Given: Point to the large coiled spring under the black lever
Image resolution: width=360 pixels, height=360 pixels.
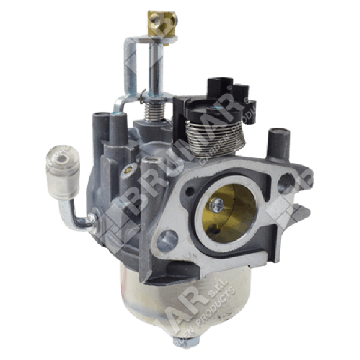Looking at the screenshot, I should coord(212,135).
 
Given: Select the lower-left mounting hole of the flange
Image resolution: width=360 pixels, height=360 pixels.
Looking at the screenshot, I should coord(167,241).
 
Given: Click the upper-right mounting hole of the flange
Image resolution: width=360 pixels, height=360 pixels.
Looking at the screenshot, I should coord(287,181).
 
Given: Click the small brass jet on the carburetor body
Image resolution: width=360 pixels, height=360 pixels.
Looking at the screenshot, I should coord(127,171).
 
